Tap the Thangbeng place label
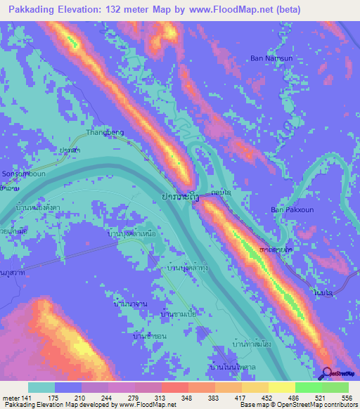point(105,131)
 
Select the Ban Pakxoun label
point(290,209)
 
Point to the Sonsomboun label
point(21,172)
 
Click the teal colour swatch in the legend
point(41,387)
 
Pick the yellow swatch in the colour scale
point(281,387)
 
